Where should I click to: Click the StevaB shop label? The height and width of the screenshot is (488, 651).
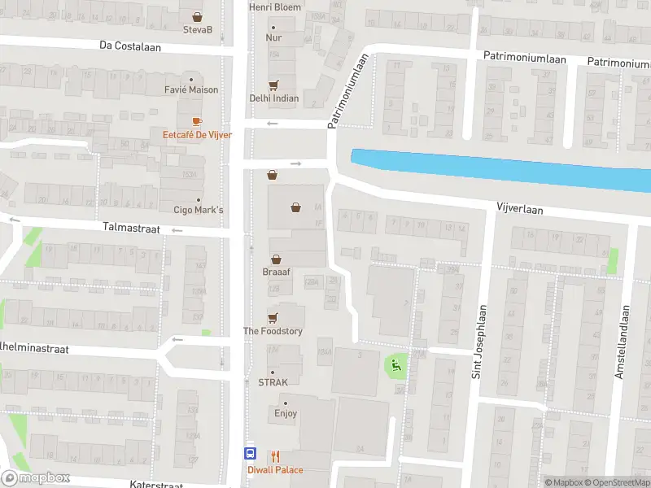[198, 30]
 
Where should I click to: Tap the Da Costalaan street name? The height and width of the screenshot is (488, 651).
[130, 47]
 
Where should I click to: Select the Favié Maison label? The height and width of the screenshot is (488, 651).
[191, 89]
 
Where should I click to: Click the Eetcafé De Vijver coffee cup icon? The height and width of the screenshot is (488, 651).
[197, 121]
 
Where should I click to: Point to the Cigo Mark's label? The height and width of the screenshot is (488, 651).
[198, 210]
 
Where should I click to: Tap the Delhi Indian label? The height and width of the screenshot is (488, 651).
[273, 98]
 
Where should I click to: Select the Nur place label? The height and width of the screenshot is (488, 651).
[273, 37]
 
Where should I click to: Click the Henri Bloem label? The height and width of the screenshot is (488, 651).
[274, 7]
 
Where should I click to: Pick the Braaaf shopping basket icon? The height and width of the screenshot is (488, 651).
[277, 259]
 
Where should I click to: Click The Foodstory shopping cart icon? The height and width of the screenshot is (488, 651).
[273, 317]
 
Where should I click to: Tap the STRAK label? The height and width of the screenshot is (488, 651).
[273, 381]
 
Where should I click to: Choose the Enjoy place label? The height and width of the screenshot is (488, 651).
[285, 413]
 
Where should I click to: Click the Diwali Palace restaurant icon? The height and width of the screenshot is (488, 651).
[276, 456]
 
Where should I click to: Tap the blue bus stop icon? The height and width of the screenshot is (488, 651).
[251, 455]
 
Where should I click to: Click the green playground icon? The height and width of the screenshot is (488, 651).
[397, 365]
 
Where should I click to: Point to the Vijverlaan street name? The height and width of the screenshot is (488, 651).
[519, 209]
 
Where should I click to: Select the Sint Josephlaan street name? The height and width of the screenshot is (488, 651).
[479, 342]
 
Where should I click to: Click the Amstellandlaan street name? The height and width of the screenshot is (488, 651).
[622, 342]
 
